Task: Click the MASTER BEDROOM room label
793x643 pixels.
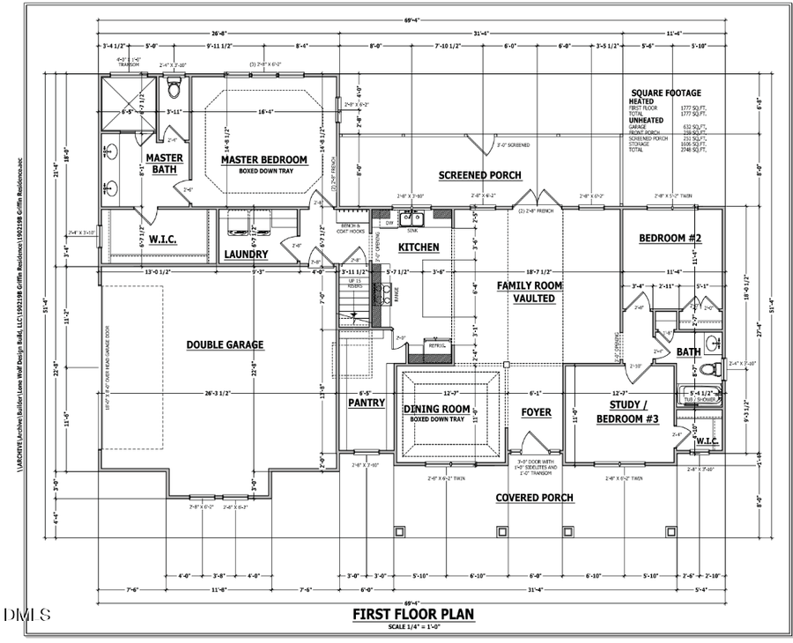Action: pyautogui.click(x=263, y=159)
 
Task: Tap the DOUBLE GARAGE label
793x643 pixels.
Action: pyautogui.click(x=225, y=344)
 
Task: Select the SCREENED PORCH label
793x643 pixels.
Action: pyautogui.click(x=479, y=175)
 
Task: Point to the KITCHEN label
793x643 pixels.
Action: pyautogui.click(x=419, y=248)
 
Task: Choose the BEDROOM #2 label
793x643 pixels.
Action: pyautogui.click(x=669, y=239)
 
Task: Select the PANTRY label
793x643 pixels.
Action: pyautogui.click(x=366, y=403)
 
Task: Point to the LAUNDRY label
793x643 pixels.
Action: pyautogui.click(x=246, y=255)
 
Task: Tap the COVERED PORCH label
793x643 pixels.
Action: pyautogui.click(x=534, y=498)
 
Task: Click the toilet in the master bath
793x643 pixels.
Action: pyautogui.click(x=174, y=89)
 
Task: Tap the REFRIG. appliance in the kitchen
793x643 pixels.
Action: pyautogui.click(x=436, y=346)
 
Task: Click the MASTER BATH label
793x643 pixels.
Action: pyautogui.click(x=164, y=164)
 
